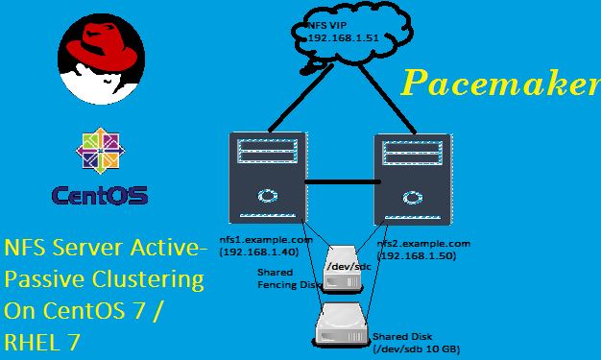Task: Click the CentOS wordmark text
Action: coord(101,196)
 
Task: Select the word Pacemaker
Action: coord(499,84)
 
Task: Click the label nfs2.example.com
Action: coord(423,244)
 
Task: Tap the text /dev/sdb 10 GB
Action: coord(418,348)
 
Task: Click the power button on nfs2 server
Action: coord(415,199)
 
